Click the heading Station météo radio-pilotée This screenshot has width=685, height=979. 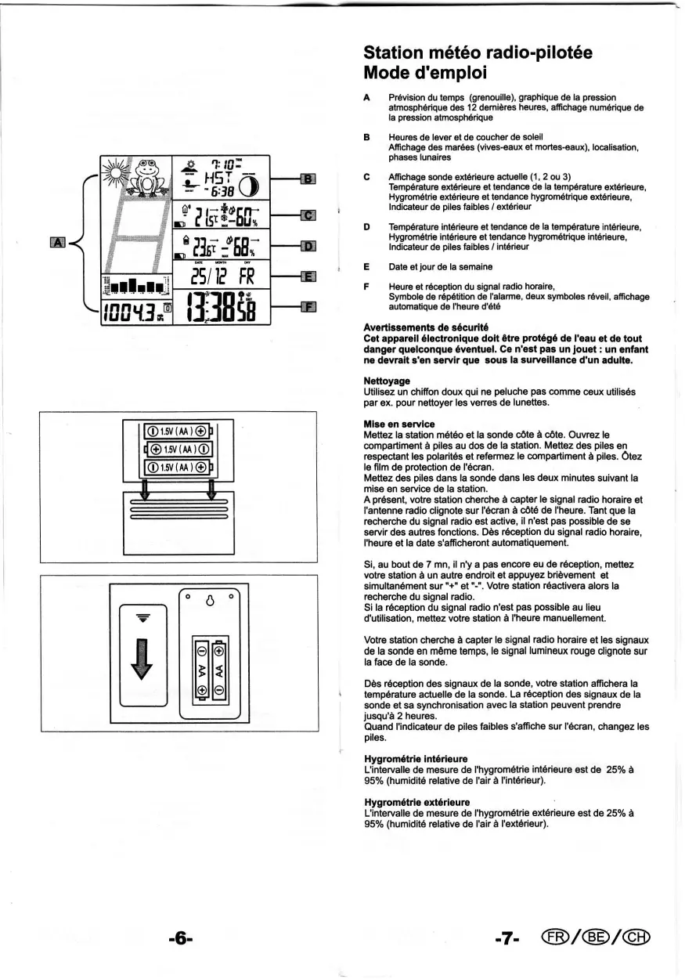point(478,53)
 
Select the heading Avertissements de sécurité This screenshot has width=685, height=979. point(427,327)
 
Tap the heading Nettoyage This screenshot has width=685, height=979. point(388,380)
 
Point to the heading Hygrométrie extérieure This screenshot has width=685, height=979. point(417,802)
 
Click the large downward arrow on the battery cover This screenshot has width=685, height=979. point(142,658)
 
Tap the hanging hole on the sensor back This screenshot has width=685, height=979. point(209,602)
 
